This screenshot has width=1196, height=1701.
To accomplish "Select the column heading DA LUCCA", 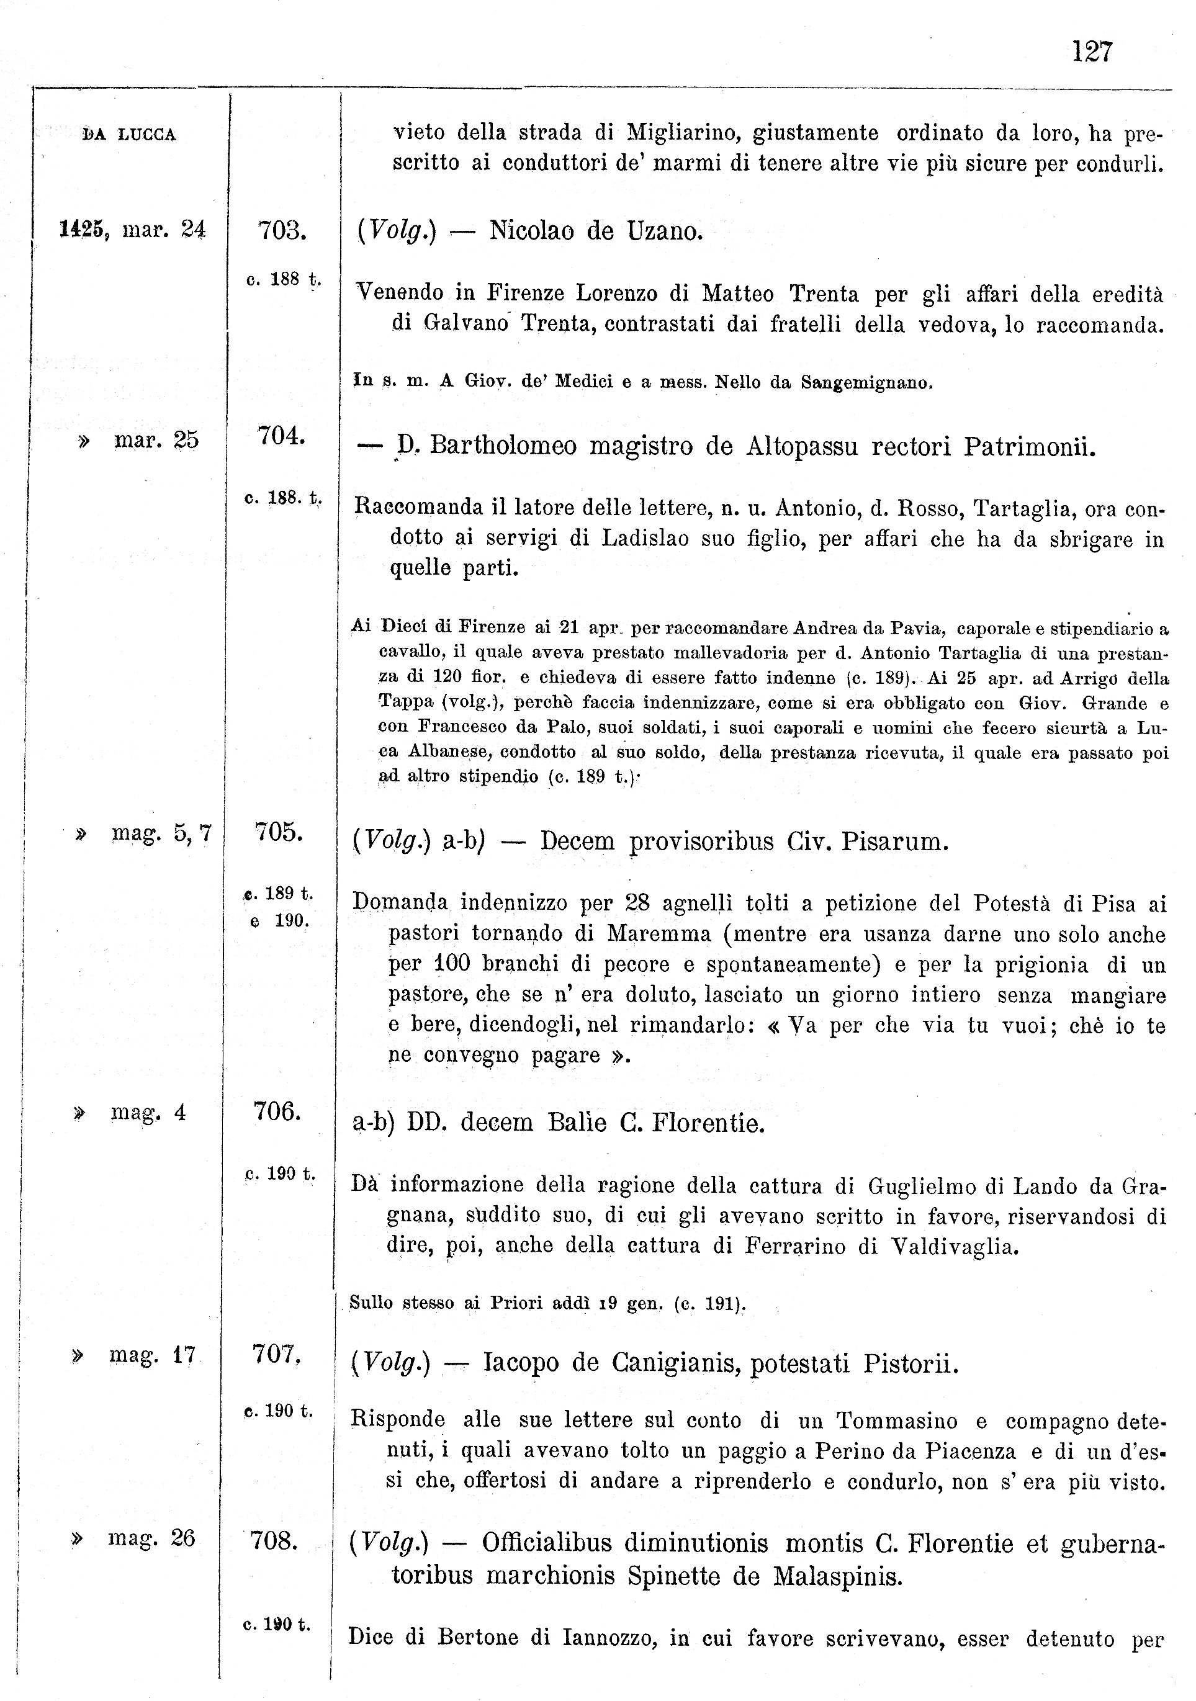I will point(130,135).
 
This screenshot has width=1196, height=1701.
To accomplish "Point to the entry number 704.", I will point(282,436).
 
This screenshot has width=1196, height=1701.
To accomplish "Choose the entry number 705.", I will point(279,832).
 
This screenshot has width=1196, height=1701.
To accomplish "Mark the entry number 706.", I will point(277,1111).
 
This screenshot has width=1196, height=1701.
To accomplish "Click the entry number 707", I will point(276,1354).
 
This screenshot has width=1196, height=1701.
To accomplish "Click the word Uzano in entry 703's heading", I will point(664,232).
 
